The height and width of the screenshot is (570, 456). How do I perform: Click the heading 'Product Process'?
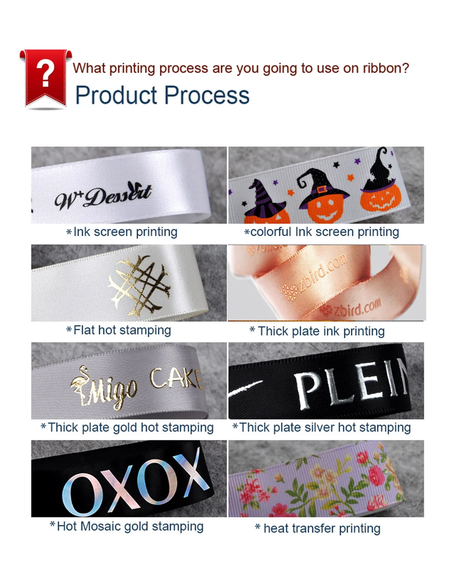(162, 95)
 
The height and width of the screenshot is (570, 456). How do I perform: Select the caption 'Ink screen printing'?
(125, 232)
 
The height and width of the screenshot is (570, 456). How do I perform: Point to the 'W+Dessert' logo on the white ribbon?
(103, 196)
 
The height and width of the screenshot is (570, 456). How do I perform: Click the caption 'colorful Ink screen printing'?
(325, 232)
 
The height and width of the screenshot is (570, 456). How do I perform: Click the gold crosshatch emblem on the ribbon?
(139, 286)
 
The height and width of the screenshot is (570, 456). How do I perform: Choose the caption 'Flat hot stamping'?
(122, 330)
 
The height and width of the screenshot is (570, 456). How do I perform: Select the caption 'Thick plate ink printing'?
(321, 331)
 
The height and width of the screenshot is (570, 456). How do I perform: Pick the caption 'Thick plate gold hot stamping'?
(131, 427)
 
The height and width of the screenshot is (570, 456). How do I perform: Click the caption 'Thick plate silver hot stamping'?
(325, 427)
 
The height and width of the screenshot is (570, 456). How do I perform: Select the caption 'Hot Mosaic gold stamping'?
(130, 526)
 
